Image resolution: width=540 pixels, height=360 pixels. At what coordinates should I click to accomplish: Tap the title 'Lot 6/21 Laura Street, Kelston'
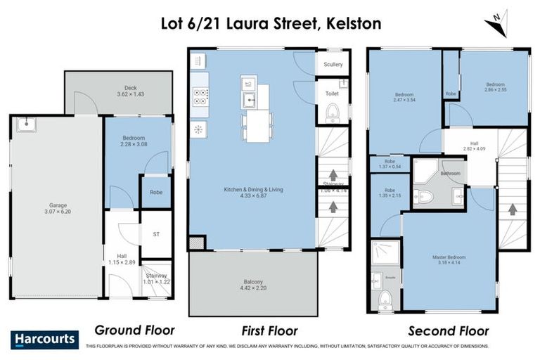pos(270,23)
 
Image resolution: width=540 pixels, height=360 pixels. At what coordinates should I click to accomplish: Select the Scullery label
pos(333,65)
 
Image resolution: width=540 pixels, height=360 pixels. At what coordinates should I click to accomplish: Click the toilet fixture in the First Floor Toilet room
pos(333,113)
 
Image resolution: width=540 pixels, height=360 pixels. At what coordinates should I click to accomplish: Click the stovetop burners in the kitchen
pos(200,99)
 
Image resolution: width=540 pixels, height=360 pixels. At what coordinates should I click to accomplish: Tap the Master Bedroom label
pos(449,261)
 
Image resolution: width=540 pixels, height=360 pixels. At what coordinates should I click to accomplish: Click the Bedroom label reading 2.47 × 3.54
pos(404,98)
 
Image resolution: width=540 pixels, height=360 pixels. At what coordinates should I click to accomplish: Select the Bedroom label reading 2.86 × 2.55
pos(495,87)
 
